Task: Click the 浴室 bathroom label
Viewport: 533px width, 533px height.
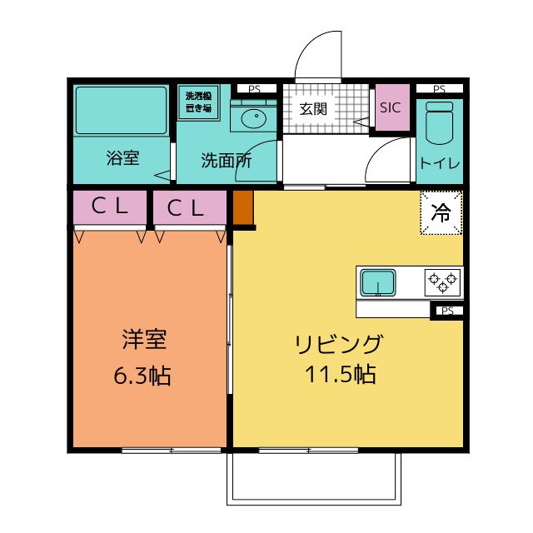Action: pos(122,158)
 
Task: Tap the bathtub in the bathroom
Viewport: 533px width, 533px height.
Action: pos(122,111)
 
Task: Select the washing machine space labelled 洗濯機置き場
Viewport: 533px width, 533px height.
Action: pos(198,102)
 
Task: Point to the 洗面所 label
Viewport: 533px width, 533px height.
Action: pos(227,161)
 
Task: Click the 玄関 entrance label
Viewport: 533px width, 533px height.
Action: pos(313,109)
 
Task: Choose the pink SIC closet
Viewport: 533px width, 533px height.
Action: pos(392,107)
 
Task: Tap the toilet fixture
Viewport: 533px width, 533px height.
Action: pos(440,122)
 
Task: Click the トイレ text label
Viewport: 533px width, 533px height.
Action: pos(440,163)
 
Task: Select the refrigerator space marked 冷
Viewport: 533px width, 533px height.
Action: pos(441,213)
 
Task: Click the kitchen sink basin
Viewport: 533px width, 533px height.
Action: pos(377,282)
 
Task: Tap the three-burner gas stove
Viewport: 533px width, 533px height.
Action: pos(442,282)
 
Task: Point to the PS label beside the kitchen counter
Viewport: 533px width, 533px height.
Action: pos(447,311)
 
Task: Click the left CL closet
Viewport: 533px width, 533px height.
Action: pos(110,207)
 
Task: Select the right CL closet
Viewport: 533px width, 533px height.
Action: pos(190,207)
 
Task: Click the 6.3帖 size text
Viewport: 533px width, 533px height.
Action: pos(142,376)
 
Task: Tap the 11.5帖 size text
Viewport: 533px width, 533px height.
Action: pos(341,374)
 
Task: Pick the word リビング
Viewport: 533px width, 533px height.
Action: pos(339,344)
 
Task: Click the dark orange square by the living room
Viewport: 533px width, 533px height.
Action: pos(243,207)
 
